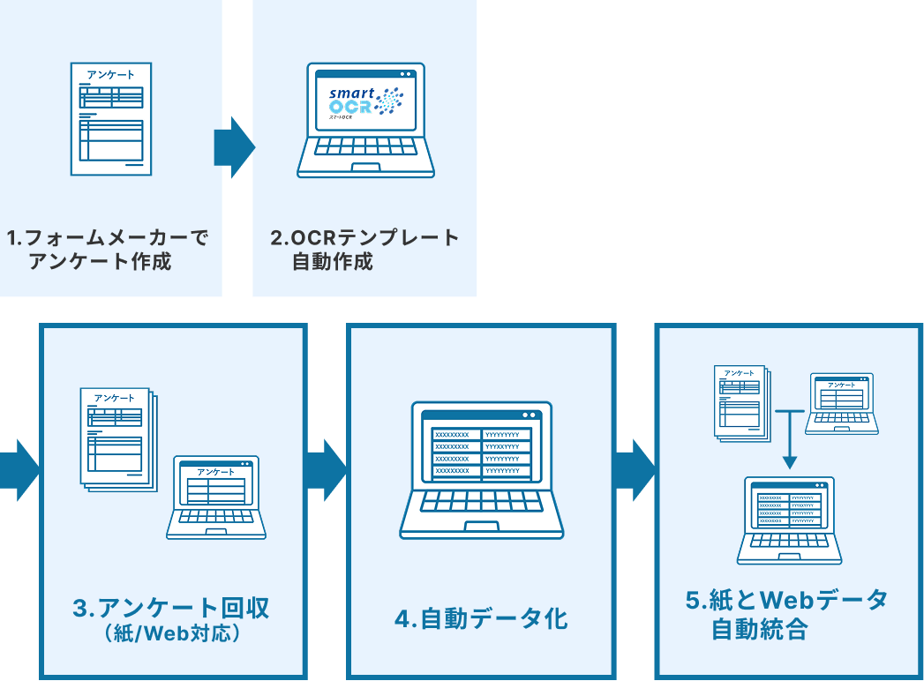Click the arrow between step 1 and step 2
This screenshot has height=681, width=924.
click(x=233, y=147)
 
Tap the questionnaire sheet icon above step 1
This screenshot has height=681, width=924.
click(x=111, y=118)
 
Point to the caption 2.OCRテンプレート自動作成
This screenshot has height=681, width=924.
click(x=364, y=250)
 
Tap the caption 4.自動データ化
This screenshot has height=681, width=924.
click(x=481, y=618)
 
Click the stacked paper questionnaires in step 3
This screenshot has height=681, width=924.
click(x=117, y=438)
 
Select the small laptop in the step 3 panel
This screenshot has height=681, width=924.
click(x=216, y=498)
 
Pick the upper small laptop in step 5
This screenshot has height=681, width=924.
click(x=843, y=403)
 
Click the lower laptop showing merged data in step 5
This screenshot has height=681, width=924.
click(x=790, y=520)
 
